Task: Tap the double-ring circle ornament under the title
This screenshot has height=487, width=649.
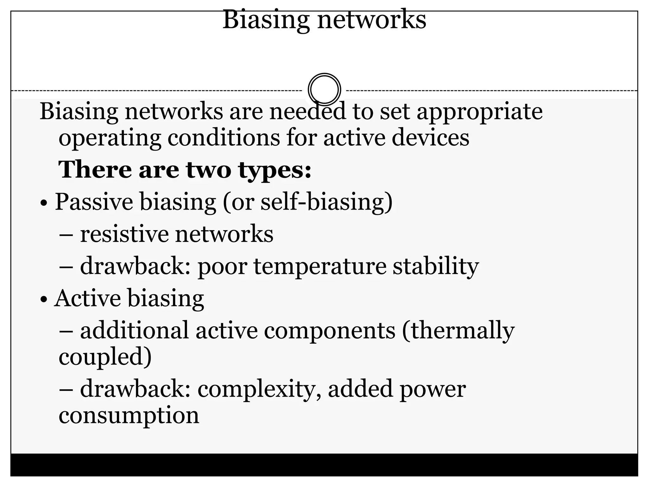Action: [324, 89]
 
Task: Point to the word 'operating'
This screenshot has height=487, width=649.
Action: [110, 139]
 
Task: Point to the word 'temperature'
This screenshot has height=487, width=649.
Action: [320, 267]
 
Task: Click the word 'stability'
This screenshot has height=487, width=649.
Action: [436, 267]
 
